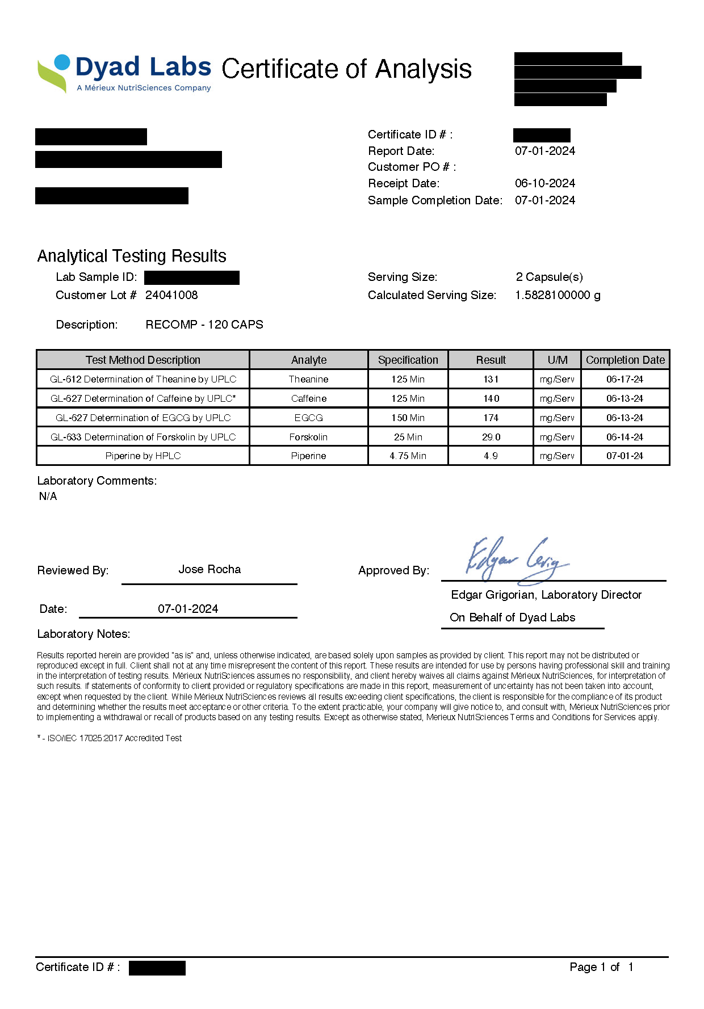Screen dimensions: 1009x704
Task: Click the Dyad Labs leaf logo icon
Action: tap(54, 73)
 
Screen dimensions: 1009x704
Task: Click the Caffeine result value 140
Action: tap(491, 398)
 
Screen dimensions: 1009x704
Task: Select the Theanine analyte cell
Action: tap(308, 379)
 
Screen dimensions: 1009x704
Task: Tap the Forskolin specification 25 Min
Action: tap(408, 437)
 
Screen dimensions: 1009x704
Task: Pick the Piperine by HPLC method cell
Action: tap(143, 456)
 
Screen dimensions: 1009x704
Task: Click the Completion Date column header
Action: tap(625, 360)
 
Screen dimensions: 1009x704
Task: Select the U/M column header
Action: tap(557, 360)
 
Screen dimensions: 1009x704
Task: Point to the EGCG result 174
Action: tap(491, 418)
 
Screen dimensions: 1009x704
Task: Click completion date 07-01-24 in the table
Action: tap(625, 456)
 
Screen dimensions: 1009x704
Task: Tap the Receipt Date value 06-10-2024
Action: tap(545, 183)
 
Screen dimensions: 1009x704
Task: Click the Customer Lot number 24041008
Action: tap(171, 295)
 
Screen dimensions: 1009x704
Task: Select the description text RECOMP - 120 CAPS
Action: tap(204, 325)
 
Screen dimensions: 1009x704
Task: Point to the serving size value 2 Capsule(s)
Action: tap(549, 277)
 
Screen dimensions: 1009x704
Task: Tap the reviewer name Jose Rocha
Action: tap(209, 569)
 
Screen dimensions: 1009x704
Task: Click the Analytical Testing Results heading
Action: tap(132, 256)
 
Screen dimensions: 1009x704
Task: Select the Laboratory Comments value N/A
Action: tap(48, 496)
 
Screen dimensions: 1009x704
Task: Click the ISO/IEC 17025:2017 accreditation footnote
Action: tap(110, 738)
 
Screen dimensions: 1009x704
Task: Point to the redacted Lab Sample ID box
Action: tap(192, 278)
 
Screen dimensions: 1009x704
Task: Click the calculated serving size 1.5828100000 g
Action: tap(558, 295)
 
